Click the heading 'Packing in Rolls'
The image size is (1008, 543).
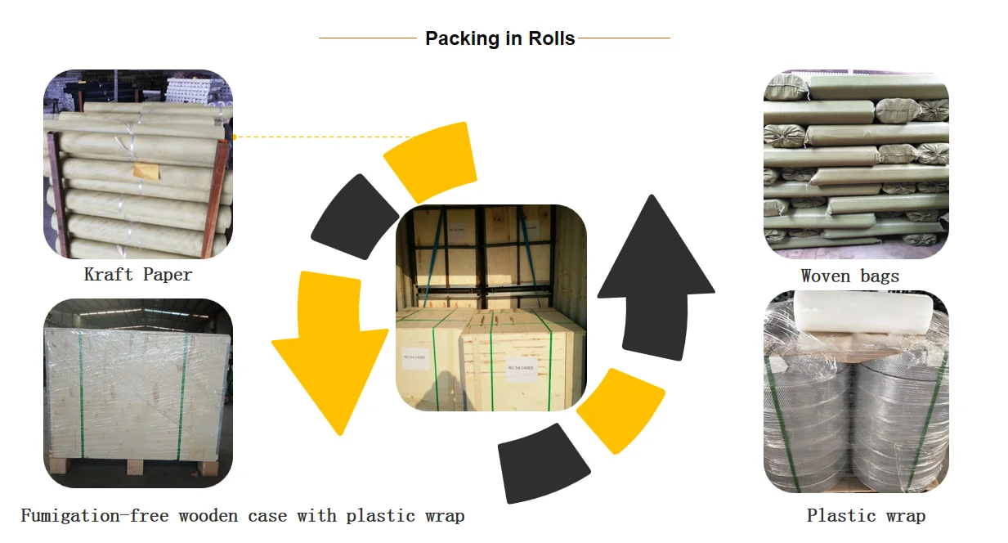point(500,38)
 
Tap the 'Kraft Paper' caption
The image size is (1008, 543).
point(138,275)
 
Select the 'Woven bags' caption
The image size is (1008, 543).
point(849,276)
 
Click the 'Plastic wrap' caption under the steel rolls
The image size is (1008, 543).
point(866,516)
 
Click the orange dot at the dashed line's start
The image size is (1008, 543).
point(234,137)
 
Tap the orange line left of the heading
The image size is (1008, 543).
point(367,38)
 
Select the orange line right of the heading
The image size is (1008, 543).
point(624,38)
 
